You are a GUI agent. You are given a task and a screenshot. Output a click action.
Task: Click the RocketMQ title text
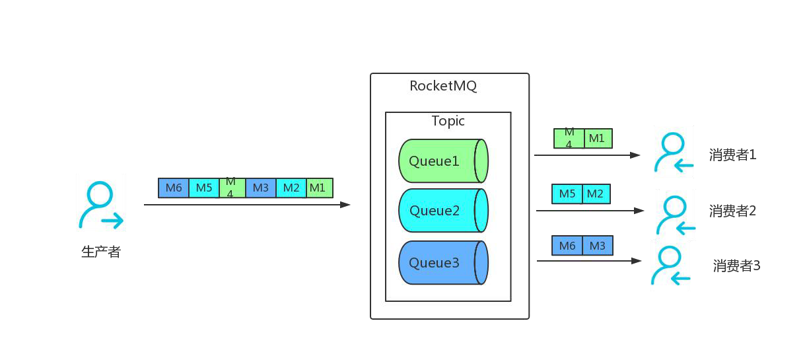tap(442, 86)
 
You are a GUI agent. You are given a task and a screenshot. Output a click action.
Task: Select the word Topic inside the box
tap(448, 121)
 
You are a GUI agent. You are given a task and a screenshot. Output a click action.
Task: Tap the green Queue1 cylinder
tap(442, 161)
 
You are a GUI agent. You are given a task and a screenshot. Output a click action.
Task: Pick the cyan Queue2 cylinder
tap(442, 211)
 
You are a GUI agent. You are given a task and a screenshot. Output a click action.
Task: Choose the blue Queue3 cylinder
tap(442, 263)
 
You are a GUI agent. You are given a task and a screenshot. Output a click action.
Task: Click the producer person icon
tap(101, 203)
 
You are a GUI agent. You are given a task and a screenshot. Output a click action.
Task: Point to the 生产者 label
tap(101, 252)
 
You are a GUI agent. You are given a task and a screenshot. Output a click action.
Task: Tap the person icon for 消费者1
tap(674, 152)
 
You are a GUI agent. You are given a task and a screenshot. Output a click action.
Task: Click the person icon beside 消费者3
tap(670, 266)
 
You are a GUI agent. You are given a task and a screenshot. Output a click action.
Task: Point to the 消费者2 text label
tap(732, 211)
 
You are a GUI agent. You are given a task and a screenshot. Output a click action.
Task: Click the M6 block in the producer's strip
tap(174, 188)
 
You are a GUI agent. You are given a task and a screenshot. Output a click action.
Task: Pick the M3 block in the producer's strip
tap(261, 188)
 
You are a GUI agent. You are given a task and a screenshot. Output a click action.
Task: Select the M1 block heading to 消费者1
tap(598, 139)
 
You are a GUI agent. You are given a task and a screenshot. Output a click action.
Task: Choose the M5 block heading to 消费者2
tap(567, 194)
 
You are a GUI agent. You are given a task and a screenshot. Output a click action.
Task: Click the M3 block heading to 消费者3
tap(598, 246)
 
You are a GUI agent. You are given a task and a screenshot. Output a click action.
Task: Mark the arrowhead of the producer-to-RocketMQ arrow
tap(345, 205)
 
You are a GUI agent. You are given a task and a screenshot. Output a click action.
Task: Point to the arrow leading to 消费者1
tap(588, 155)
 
